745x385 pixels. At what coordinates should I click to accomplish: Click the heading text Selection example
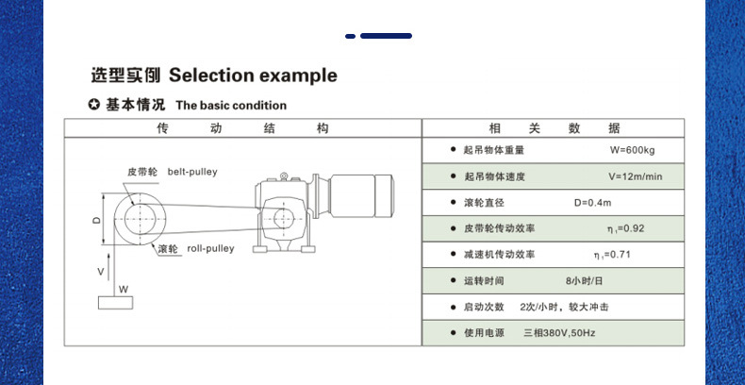pos(252,75)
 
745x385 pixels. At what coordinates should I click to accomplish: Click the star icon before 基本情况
pos(93,105)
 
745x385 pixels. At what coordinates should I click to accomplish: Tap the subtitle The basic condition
pos(231,106)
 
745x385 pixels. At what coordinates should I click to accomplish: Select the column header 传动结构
pos(241,128)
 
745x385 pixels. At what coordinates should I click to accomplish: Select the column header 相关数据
pos(555,128)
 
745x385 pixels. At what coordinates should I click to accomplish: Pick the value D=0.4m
pos(593,203)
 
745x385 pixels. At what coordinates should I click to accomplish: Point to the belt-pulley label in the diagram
pos(192,172)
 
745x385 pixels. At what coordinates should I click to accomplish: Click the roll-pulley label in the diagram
pos(210,249)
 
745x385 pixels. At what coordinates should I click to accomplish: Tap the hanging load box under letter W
pos(115,301)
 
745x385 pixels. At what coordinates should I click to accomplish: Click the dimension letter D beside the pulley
pos(96,218)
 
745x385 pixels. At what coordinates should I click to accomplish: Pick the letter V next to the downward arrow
pos(101,271)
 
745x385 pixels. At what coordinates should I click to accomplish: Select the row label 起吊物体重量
pos(494,150)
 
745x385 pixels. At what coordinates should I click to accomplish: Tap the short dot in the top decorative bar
pos(350,36)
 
